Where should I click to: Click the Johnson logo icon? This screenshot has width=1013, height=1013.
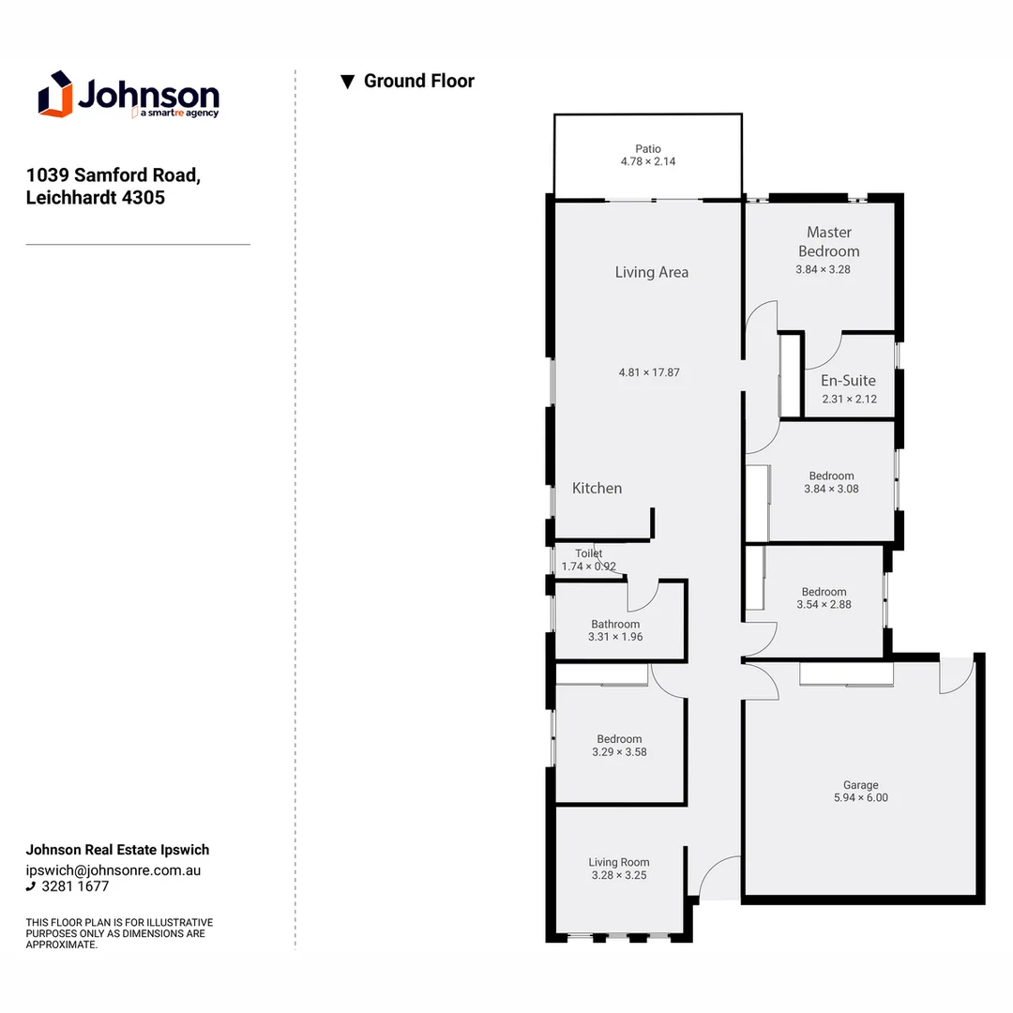coord(55,94)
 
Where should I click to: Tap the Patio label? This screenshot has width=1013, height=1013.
coord(647,148)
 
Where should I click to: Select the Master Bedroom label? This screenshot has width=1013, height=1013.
coord(828,241)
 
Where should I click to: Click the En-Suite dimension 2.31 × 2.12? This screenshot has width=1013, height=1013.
coord(849,399)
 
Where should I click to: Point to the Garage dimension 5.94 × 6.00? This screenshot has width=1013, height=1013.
coord(860,798)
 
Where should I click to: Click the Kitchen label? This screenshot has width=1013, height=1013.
coord(597,488)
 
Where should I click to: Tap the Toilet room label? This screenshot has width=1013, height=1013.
coord(588,553)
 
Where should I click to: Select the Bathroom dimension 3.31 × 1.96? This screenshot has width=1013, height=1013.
coord(615,637)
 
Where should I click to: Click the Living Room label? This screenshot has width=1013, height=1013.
coord(618,862)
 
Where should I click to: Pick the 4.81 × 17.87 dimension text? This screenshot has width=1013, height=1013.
coord(649,372)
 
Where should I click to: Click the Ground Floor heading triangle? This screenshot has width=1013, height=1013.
coord(347,82)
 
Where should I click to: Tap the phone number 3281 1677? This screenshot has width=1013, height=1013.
coord(75,886)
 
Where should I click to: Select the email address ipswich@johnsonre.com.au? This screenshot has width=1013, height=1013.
coord(113,869)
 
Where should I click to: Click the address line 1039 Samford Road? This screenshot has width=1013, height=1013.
coord(113,174)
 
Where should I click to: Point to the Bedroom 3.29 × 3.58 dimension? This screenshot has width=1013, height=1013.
coord(619,751)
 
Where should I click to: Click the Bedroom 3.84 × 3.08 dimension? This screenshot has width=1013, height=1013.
coord(831,489)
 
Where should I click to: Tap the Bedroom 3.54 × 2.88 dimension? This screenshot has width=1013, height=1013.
coord(824,605)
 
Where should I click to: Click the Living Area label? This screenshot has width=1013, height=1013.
coord(651,272)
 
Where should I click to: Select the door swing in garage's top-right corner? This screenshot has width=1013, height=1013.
coord(957,675)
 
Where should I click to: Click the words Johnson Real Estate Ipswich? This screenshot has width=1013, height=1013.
coord(117,850)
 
